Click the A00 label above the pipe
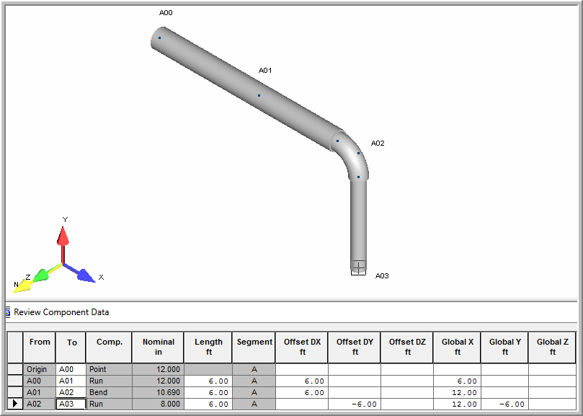coord(166,13)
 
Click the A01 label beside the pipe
coord(265,71)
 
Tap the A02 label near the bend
coord(378,143)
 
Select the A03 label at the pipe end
coord(382,275)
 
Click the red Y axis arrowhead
coord(63,236)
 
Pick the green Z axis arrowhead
coord(41,275)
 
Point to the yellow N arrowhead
coord(22,286)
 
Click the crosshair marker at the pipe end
coord(358,267)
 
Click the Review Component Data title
coord(61,312)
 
